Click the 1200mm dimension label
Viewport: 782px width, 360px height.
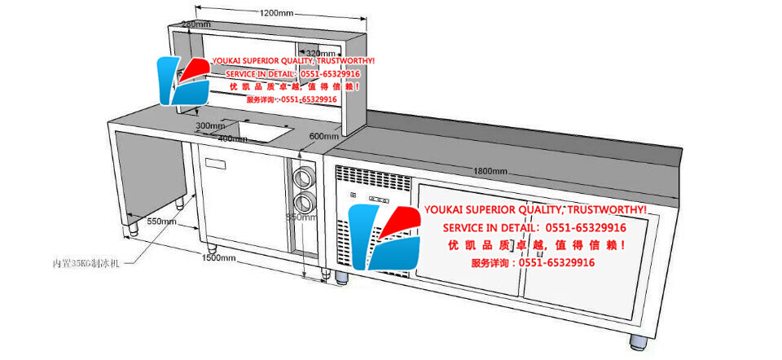[x=277, y=14]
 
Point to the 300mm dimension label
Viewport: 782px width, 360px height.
[x=209, y=125]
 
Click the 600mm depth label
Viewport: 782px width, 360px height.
[x=323, y=136]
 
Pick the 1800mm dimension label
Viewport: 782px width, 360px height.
[x=490, y=171]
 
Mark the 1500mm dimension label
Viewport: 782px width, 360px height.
[x=218, y=258]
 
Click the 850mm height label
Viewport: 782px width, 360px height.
[x=301, y=217]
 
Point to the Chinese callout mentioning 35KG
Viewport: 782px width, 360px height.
[x=86, y=263]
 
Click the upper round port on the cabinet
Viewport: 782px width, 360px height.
[x=303, y=174]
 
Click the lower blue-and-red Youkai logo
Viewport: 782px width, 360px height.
[x=384, y=237]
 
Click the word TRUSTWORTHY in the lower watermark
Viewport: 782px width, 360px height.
[x=603, y=210]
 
